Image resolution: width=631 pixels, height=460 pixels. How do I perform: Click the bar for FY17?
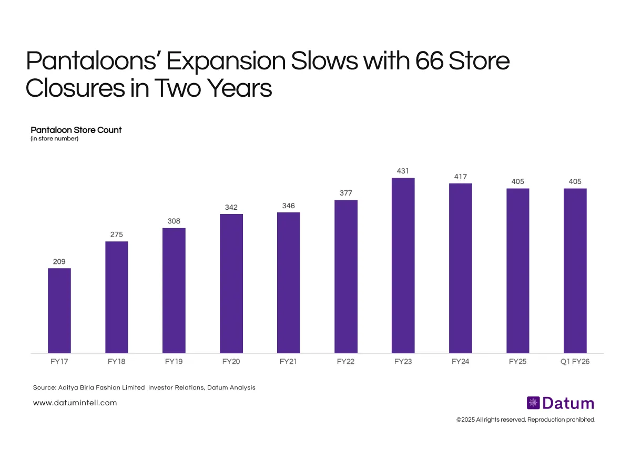59,310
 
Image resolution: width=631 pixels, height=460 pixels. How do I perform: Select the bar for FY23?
403,265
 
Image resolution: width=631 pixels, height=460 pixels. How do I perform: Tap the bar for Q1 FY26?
575,270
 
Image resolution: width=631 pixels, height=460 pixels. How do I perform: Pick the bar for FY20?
231,283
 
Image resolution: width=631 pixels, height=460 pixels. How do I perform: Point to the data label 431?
403,171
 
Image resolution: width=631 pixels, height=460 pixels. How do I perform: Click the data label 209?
59,261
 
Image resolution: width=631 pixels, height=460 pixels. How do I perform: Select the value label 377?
346,193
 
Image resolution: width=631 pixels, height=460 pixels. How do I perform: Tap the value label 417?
461,176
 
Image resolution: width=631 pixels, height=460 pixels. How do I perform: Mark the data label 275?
117,234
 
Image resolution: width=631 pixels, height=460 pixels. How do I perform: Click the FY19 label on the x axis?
174,362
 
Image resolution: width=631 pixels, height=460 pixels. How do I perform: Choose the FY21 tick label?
289,362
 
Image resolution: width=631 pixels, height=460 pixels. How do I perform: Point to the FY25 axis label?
518,362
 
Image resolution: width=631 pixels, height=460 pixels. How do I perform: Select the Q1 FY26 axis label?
575,362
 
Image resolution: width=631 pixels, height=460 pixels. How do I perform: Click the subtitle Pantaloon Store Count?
76,130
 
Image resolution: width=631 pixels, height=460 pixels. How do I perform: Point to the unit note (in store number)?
55,139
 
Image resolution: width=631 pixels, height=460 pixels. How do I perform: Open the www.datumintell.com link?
75,403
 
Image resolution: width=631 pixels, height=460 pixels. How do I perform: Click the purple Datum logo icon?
533,403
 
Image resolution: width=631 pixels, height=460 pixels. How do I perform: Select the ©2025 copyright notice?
525,420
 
